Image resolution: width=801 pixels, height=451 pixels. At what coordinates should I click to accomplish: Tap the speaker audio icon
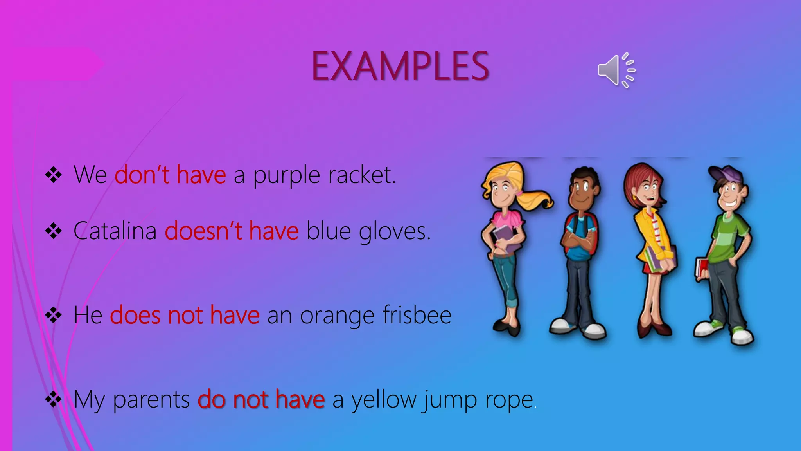tap(616, 70)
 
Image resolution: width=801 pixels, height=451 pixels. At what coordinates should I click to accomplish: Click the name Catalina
tap(115, 231)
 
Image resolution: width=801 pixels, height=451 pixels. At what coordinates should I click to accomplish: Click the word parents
tap(151, 400)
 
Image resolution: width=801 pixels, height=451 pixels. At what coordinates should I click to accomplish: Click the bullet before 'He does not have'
tap(54, 315)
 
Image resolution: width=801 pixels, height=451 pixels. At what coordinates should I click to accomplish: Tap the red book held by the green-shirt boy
tap(700, 268)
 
